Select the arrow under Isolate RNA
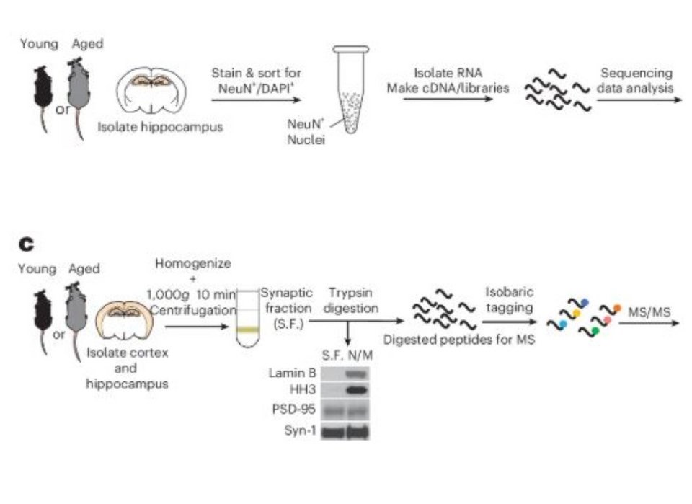click(448, 99)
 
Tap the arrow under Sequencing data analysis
click(637, 99)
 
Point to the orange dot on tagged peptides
click(617, 308)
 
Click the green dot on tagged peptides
click(596, 330)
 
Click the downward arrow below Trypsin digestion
click(348, 337)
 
